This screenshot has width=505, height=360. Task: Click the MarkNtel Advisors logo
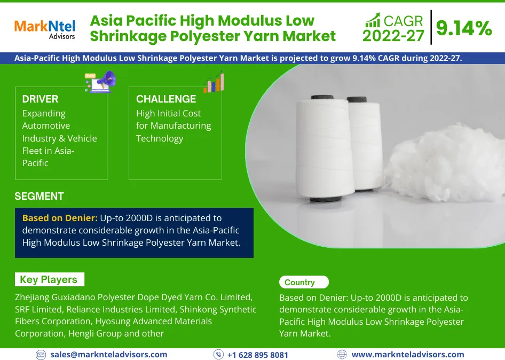44,29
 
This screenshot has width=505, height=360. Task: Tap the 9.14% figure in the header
464,28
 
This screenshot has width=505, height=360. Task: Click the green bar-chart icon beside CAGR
373,21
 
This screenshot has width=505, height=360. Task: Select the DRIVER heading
40,99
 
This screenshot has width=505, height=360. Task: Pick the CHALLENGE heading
166,99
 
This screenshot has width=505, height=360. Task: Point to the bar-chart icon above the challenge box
214,83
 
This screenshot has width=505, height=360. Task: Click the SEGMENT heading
39,196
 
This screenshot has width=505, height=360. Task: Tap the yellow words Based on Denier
60,218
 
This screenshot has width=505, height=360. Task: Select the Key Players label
49,279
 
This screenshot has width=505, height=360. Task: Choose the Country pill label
299,282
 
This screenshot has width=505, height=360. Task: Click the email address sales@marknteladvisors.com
109,354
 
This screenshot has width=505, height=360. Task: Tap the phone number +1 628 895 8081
258,355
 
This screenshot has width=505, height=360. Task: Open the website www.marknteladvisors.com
408,354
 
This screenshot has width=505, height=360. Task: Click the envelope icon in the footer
41,355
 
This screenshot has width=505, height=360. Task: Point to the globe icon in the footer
342,355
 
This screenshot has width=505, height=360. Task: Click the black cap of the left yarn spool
321,98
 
